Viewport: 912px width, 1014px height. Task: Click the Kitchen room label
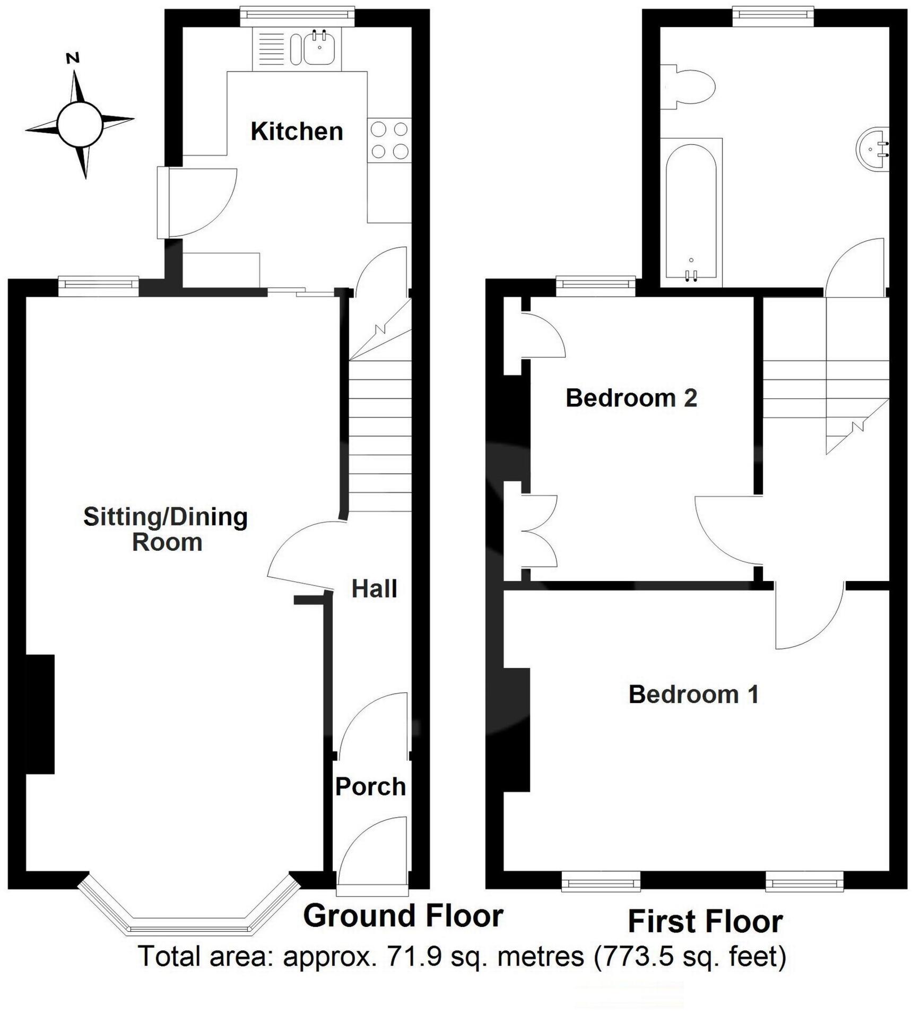coord(297,132)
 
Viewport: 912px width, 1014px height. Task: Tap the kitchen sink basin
coord(319,47)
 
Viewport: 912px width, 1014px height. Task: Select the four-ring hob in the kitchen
coord(389,141)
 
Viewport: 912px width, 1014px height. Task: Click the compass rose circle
coord(80,125)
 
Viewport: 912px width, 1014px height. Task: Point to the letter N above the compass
coord(73,58)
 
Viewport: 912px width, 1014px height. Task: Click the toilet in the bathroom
coord(690,86)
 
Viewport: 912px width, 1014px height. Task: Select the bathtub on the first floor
coord(691,212)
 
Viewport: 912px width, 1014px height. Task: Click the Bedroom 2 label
coord(631,398)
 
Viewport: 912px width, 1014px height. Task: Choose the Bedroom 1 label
coord(693,695)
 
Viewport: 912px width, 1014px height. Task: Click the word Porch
coord(370,787)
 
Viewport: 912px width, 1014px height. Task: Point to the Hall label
coord(374,589)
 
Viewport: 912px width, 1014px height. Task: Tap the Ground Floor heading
coord(403,916)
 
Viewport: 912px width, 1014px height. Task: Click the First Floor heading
coord(705,922)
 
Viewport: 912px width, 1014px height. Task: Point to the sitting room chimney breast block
coord(40,714)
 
